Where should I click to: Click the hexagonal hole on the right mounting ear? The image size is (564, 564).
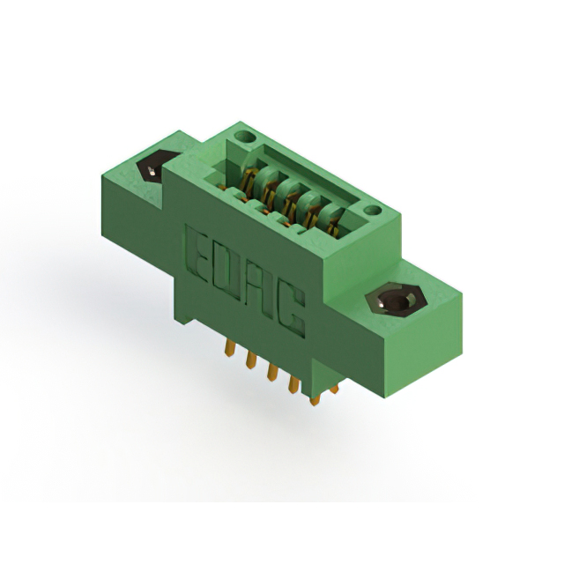(396, 300)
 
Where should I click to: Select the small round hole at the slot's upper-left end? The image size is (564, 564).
(245, 137)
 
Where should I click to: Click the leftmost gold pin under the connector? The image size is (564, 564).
(229, 349)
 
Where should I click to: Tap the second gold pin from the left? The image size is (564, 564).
(251, 360)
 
